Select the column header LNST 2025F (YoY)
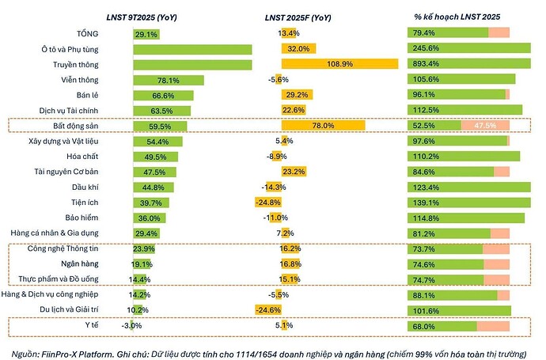pyautogui.click(x=305, y=17)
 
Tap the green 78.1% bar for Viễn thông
pyautogui.click(x=169, y=80)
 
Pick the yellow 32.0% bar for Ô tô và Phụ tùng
pyautogui.click(x=298, y=49)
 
